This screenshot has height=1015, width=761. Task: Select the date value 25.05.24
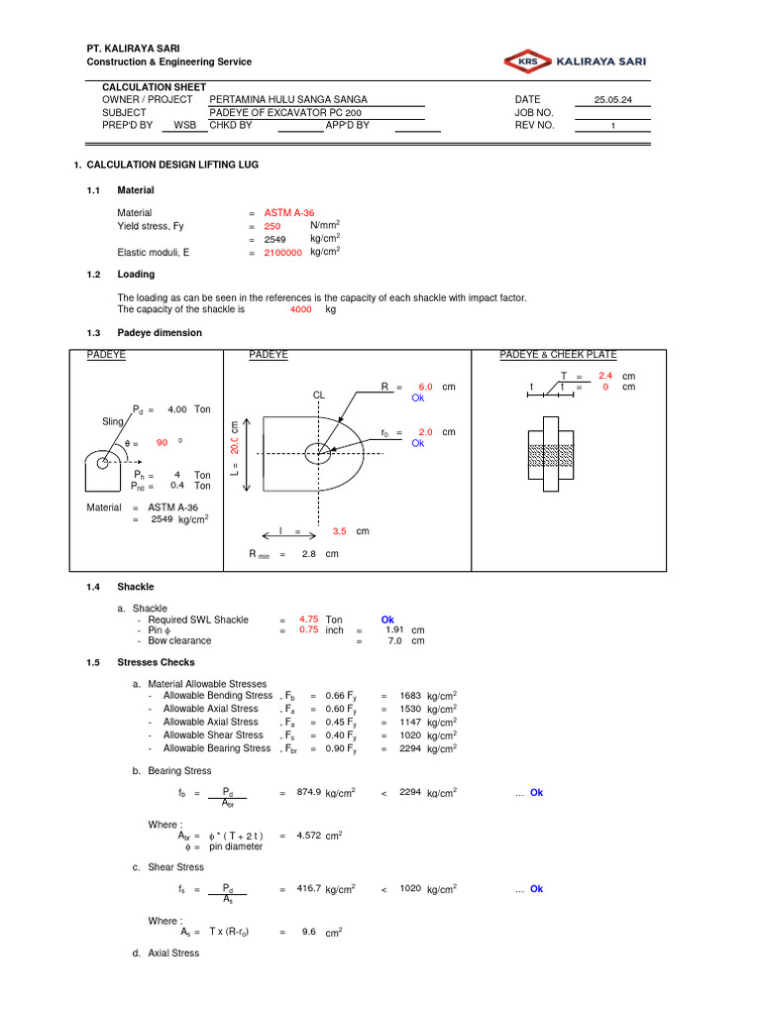click(612, 100)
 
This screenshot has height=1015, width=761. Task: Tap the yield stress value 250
click(272, 227)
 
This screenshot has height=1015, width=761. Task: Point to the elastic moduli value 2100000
click(282, 253)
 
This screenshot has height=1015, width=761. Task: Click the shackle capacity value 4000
click(300, 309)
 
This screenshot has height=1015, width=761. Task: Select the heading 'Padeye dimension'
click(160, 333)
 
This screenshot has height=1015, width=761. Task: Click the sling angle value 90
click(163, 443)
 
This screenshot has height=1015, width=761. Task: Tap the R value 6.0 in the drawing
click(425, 388)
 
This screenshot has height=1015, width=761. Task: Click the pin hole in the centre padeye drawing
click(318, 453)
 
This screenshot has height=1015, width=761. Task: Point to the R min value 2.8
click(305, 554)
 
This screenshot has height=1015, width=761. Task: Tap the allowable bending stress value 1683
click(410, 697)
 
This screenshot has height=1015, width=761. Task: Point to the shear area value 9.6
click(308, 933)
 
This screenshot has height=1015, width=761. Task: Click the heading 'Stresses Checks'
click(157, 662)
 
